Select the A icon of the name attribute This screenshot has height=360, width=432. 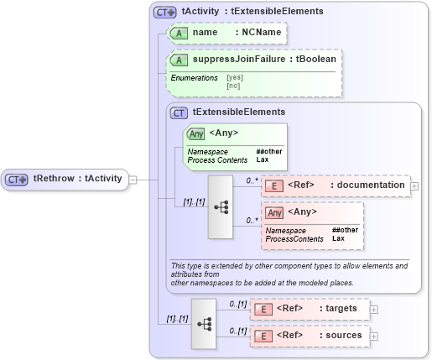pos(179,33)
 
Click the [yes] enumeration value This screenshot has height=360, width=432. pos(234,77)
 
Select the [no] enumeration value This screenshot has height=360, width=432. pos(232,85)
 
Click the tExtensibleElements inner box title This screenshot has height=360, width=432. pos(238,112)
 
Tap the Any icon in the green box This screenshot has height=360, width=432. pos(196,133)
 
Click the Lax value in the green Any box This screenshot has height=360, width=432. pos(262,159)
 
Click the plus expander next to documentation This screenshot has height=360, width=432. pos(414,185)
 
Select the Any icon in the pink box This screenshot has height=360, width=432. pos(274,212)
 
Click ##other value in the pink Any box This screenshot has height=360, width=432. pos(345,230)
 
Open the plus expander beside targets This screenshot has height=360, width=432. pos(374,309)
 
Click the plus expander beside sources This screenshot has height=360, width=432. pos(374,336)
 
